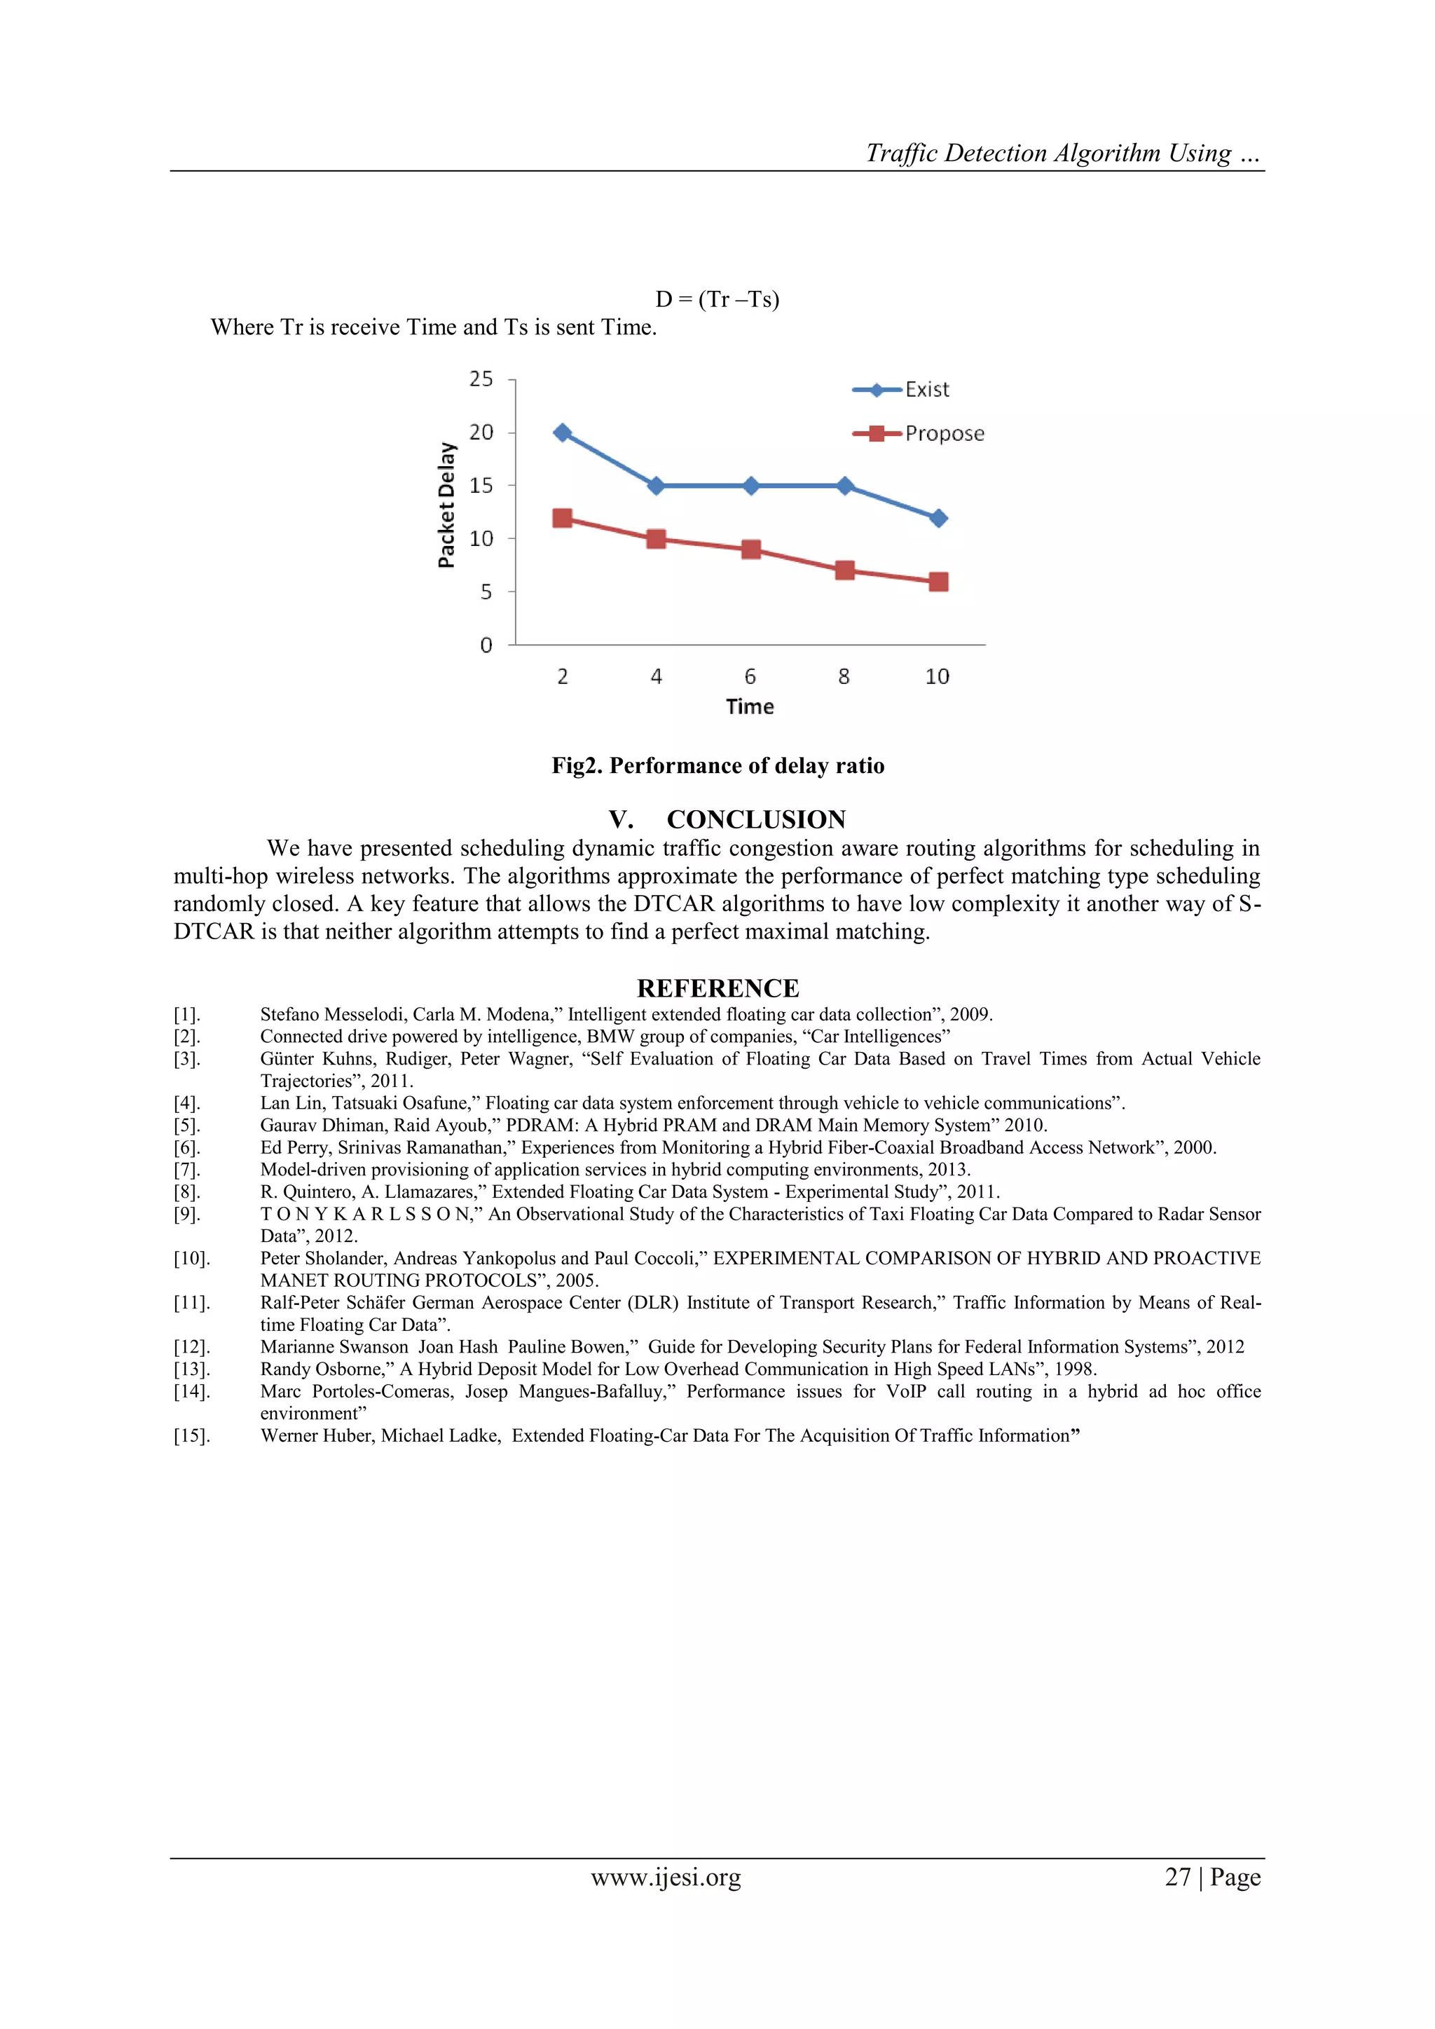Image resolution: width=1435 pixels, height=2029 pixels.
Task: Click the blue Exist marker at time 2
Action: [x=562, y=432]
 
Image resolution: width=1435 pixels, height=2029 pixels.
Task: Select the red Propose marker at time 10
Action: [x=938, y=582]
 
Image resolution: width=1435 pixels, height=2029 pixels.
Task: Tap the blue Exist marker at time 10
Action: [x=938, y=518]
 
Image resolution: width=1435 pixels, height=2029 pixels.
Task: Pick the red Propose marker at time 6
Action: [x=750, y=549]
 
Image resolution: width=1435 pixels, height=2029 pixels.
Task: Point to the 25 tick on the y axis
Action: [x=481, y=379]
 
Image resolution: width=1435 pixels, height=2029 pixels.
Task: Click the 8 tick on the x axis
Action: [x=844, y=677]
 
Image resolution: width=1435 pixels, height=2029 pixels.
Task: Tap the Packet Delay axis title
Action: [x=447, y=505]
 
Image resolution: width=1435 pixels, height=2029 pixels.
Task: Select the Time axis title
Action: [x=749, y=707]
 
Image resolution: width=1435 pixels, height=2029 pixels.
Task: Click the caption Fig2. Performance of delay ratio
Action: [x=717, y=765]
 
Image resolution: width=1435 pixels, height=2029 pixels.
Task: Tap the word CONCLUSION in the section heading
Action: [x=755, y=819]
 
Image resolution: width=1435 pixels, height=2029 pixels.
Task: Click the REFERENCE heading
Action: [x=717, y=988]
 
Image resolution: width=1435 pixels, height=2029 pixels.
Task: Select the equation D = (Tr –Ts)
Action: [x=717, y=299]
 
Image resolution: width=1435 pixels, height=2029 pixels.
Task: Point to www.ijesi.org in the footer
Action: [x=666, y=1877]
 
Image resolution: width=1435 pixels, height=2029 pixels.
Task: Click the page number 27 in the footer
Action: [x=1177, y=1877]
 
